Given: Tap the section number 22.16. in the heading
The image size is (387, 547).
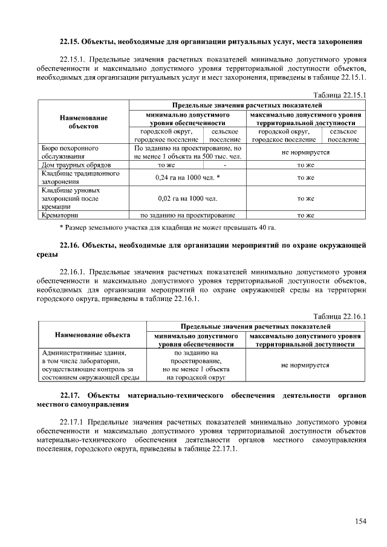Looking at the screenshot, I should click(69, 245).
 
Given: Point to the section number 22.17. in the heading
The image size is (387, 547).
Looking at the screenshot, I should click(70, 395).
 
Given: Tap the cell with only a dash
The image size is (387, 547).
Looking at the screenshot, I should click(224, 164).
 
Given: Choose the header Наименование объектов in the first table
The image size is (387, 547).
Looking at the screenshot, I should click(83, 121).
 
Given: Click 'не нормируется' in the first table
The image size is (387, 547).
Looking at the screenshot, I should click(306, 152).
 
